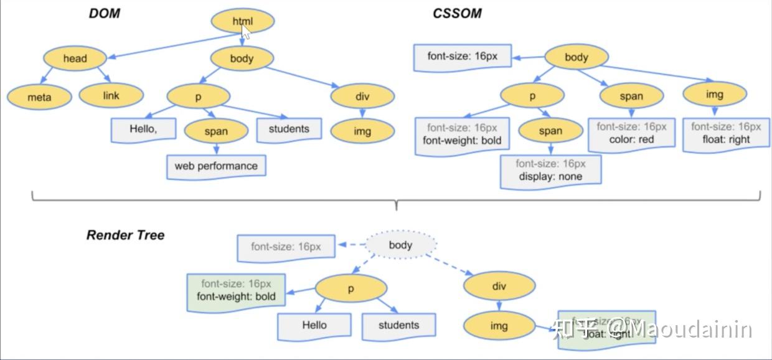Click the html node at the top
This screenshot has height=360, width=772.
coord(243,21)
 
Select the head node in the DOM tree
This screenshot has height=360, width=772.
coord(75,59)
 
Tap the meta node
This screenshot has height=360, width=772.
coord(39,97)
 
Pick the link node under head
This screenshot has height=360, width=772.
coord(111,96)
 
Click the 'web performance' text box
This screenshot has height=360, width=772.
coord(215,166)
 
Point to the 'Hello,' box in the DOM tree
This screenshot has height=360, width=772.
coord(143,130)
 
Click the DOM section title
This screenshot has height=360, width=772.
coord(104,13)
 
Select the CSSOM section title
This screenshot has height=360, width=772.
coord(457,13)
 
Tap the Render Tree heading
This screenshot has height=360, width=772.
coord(125,235)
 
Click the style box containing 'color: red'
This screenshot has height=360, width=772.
coord(631,134)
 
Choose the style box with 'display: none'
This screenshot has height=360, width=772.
coord(550,171)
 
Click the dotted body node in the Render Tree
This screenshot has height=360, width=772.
coord(400,245)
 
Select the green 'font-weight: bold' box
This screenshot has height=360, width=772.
coord(236,290)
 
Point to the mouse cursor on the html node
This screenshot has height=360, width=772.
coord(247,32)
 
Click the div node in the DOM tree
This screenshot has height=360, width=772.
coord(362,97)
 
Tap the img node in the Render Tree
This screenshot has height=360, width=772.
coord(499,326)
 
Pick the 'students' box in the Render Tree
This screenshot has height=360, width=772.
coord(398,325)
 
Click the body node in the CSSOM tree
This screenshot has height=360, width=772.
coord(576,57)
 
